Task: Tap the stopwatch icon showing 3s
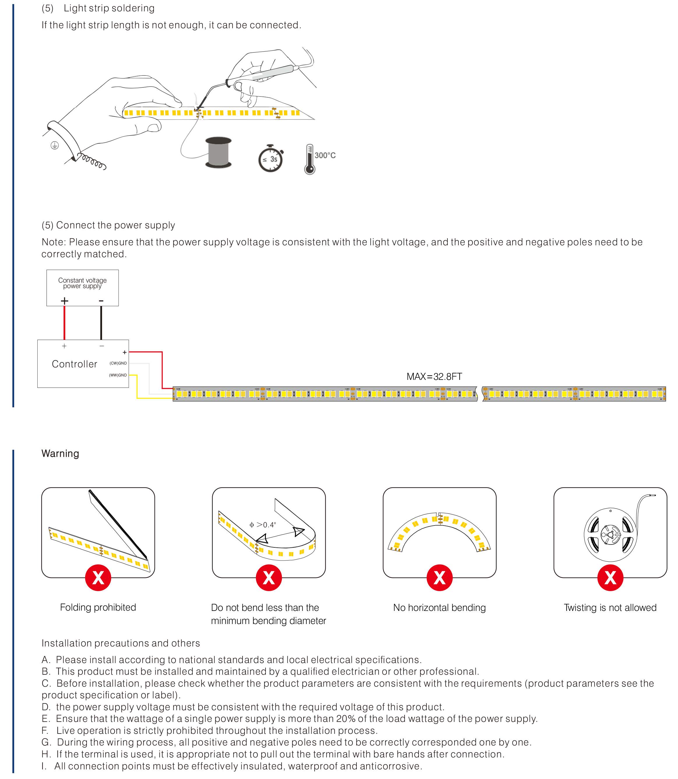(271, 159)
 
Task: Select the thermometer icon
(310, 159)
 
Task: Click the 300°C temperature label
(325, 156)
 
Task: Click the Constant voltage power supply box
(82, 288)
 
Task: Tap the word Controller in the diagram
(75, 364)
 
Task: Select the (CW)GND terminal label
(118, 363)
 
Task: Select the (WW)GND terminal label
(118, 375)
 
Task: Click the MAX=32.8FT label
(434, 377)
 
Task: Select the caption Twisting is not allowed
(610, 608)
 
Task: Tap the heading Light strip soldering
(109, 8)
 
